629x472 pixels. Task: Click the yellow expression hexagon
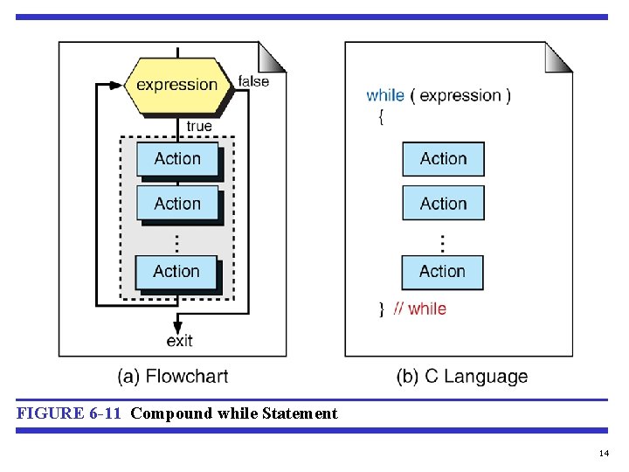tap(177, 85)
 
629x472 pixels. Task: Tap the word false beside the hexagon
tap(253, 81)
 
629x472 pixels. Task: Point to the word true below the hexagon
tap(199, 126)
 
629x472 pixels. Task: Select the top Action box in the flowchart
tap(177, 159)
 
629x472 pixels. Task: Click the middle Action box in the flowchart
tap(177, 204)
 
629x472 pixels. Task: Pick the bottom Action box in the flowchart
tap(176, 272)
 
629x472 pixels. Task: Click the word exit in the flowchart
tap(179, 340)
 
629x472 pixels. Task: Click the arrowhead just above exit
tap(177, 323)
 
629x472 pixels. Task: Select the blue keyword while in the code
tap(384, 95)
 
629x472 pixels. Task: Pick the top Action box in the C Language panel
tap(443, 159)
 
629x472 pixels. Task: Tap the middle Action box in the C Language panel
tap(443, 204)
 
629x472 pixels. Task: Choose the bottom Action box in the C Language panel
tap(442, 272)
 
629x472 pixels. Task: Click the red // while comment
tap(419, 309)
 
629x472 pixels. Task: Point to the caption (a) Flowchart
tap(173, 377)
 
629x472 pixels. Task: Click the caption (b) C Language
tap(462, 377)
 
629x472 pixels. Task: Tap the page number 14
tap(604, 454)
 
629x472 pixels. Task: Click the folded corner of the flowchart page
tap(273, 56)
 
